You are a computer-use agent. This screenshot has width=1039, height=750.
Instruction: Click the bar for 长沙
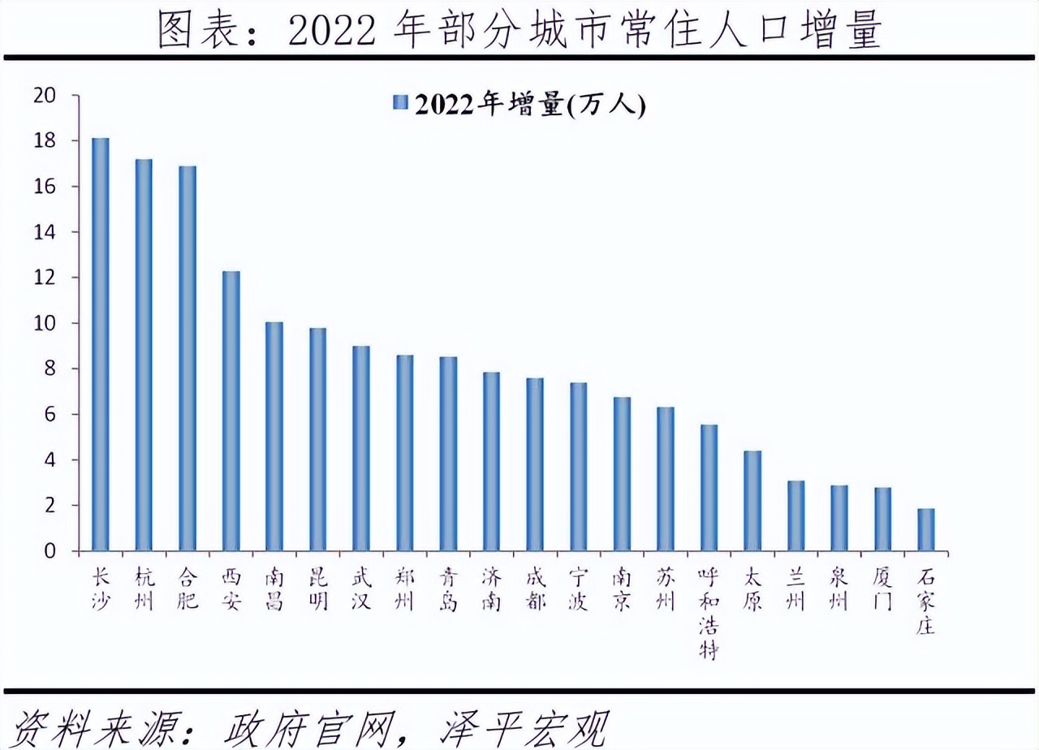click(x=100, y=345)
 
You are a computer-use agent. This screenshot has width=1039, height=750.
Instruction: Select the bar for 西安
click(x=231, y=412)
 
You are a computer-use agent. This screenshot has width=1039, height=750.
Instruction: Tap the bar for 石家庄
click(x=925, y=530)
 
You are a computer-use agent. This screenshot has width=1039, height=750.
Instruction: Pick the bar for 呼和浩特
click(x=709, y=488)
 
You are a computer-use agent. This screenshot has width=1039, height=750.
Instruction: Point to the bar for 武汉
click(x=360, y=449)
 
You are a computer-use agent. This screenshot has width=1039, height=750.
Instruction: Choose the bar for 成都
click(x=535, y=465)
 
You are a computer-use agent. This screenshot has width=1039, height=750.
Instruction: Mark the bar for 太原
click(x=752, y=501)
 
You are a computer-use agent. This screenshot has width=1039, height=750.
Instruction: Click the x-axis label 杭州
click(x=144, y=590)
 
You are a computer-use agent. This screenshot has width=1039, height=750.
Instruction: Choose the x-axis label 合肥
click(x=187, y=590)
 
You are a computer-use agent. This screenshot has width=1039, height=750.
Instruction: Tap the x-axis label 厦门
click(x=882, y=590)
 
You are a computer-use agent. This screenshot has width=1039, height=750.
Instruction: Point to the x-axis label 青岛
click(x=448, y=590)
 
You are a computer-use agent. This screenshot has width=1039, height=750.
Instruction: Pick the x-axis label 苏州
click(x=666, y=590)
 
